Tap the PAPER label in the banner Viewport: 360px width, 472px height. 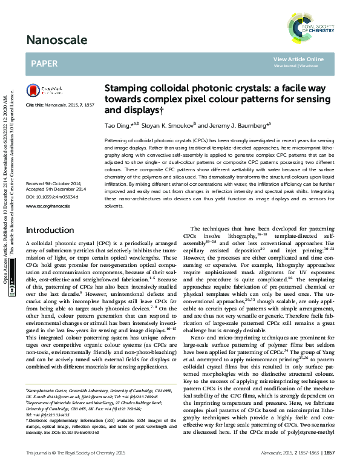(x=44, y=63)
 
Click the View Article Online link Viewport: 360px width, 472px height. (x=298, y=59)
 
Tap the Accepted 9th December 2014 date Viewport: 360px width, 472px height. (x=57, y=189)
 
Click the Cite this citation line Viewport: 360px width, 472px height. (x=60, y=105)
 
